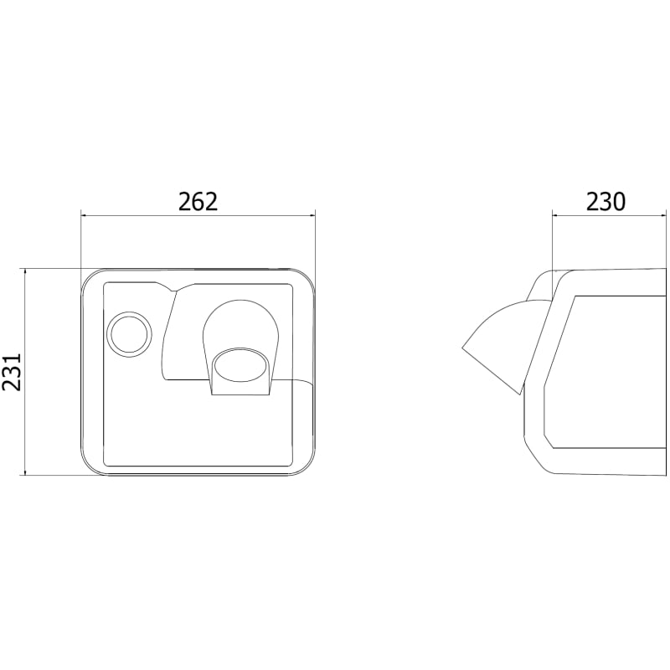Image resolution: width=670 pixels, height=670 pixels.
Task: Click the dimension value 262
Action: tap(198, 202)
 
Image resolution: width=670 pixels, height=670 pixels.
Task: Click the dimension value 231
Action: tap(12, 371)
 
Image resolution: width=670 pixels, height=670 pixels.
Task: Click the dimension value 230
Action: tap(605, 202)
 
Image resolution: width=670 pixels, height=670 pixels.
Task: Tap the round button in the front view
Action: tap(130, 334)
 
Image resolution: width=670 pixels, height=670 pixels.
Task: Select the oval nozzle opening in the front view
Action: tap(240, 365)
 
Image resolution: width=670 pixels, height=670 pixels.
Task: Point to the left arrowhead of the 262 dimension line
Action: tap(85, 216)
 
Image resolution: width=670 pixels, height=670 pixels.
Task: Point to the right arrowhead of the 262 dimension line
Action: tap(312, 216)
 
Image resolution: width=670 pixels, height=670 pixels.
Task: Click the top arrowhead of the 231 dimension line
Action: tap(26, 272)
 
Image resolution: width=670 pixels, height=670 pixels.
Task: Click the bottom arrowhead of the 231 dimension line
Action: tap(26, 472)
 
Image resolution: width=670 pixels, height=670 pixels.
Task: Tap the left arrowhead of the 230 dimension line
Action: tap(555, 216)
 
